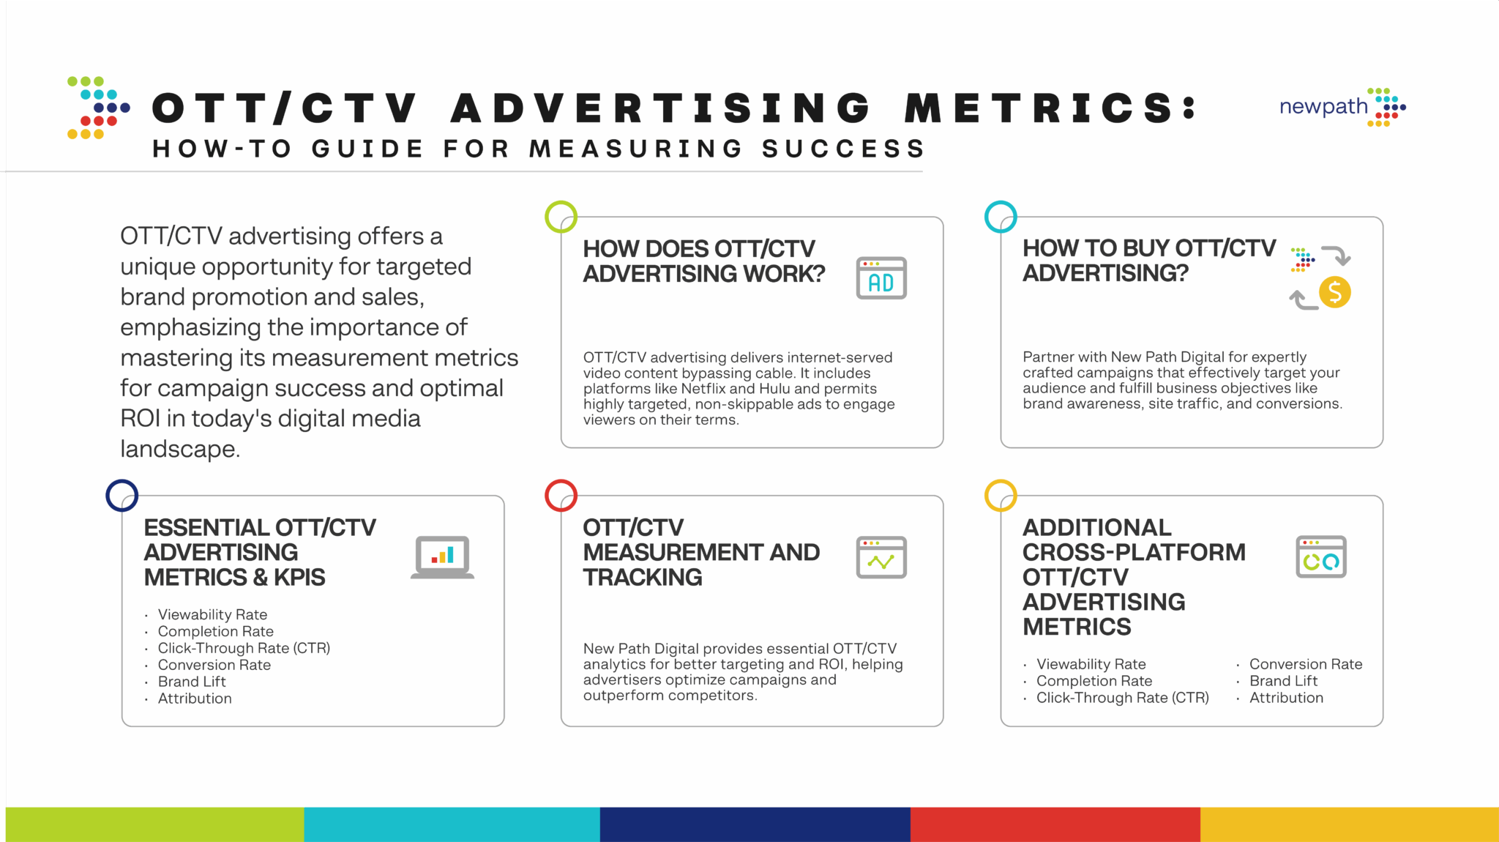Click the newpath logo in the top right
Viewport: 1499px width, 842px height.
(x=1342, y=107)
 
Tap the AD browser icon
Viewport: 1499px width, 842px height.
(x=881, y=278)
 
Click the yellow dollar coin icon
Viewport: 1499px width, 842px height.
(x=1334, y=292)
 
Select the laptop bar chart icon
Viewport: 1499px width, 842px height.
(x=442, y=557)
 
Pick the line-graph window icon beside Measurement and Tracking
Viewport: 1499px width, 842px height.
(x=881, y=557)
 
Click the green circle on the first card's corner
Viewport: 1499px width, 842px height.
(x=561, y=217)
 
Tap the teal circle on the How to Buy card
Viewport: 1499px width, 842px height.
(x=1001, y=217)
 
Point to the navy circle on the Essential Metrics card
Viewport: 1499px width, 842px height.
(x=122, y=496)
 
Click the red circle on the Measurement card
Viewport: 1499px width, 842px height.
(x=561, y=496)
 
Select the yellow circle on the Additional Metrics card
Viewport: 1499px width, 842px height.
(x=1001, y=496)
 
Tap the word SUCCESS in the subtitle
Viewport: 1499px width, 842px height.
(x=843, y=149)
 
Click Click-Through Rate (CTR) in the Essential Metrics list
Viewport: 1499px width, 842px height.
(x=244, y=648)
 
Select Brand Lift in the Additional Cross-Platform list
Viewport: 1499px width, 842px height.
(x=1283, y=681)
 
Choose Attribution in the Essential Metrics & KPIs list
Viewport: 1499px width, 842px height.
(x=195, y=698)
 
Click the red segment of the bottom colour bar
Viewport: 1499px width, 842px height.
(x=1055, y=824)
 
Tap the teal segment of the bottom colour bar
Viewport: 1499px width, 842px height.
(x=452, y=824)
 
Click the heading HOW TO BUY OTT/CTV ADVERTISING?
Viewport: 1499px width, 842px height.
(x=1148, y=261)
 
